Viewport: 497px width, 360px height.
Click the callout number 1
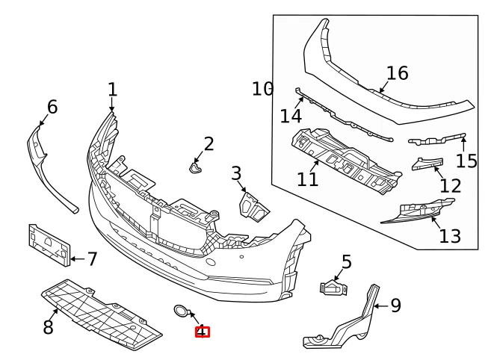112,90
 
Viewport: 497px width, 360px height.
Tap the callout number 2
209,144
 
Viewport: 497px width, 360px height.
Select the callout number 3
236,175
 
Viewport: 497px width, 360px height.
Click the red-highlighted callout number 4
202,332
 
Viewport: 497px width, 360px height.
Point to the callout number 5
346,261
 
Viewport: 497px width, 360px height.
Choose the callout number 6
52,108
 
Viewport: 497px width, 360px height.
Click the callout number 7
92,259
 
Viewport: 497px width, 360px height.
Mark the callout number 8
49,326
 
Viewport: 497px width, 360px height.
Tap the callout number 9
395,305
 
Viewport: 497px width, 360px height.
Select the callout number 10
263,90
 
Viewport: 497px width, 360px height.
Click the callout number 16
398,73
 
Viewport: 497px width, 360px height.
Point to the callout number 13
450,237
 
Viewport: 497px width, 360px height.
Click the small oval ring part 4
181,311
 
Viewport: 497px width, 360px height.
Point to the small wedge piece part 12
425,164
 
